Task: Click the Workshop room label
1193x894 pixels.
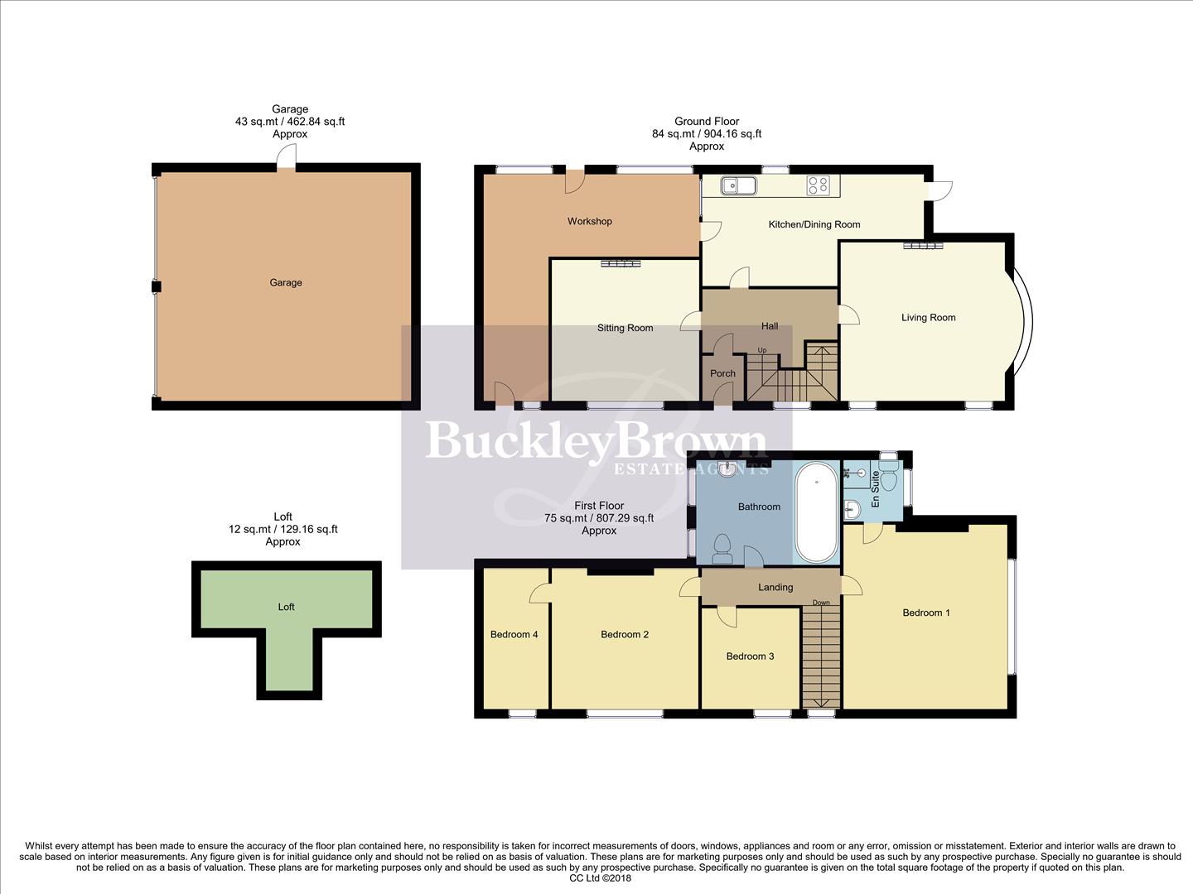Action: tap(589, 222)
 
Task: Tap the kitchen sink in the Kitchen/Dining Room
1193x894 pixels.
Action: tap(737, 185)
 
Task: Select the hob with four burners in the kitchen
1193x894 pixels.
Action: tap(818, 185)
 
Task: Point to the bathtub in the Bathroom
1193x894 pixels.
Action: tap(816, 513)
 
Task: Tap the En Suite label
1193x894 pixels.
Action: tap(875, 489)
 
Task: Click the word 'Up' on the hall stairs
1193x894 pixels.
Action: tap(762, 351)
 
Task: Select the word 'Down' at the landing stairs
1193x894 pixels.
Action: tap(821, 603)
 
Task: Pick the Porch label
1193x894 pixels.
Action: tap(722, 373)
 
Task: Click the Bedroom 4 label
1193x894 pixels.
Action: tap(514, 635)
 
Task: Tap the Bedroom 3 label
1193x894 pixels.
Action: tap(750, 656)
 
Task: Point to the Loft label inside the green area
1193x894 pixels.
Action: tap(286, 607)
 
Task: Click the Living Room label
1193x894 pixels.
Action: tap(928, 318)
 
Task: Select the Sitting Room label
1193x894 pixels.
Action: tap(625, 329)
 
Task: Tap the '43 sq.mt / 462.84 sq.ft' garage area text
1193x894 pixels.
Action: tap(290, 122)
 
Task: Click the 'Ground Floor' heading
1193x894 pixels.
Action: tap(707, 121)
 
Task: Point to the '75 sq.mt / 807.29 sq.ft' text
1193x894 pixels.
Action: tap(599, 518)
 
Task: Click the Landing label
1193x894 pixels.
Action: tap(775, 588)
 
